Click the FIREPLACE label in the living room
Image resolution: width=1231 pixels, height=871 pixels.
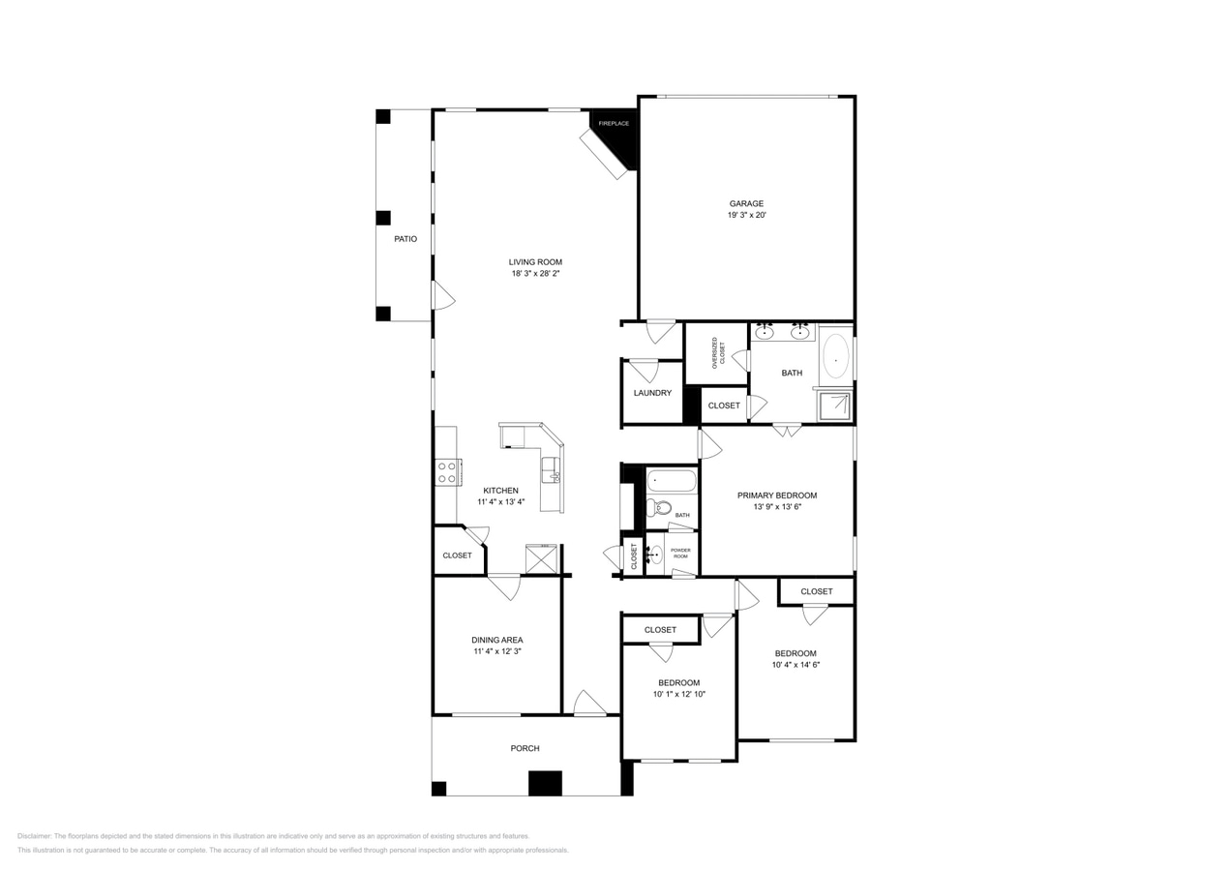[614, 124]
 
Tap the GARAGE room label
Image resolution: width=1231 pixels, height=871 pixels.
[746, 203]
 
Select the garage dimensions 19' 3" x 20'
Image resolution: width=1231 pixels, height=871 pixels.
[746, 216]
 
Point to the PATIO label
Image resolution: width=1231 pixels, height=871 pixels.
[405, 239]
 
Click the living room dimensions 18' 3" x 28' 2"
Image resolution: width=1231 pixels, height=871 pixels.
[535, 274]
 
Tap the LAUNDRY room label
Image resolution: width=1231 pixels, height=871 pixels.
[652, 393]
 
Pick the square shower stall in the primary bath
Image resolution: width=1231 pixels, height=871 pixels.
[834, 405]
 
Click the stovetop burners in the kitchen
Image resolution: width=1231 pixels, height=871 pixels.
[447, 472]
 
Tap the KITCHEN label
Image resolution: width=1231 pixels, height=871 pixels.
[501, 491]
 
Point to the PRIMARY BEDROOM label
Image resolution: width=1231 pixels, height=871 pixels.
[776, 496]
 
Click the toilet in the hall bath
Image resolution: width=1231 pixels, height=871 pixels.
[662, 507]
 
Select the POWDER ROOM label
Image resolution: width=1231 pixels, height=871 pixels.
[680, 554]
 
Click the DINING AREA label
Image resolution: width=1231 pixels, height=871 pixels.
[497, 640]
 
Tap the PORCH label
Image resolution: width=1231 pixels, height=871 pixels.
[525, 748]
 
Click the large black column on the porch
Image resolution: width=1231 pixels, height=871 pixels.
[545, 783]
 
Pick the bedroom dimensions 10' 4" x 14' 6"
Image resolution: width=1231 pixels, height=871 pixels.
[796, 665]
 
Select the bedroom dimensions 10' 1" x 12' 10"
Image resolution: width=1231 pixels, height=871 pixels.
[678, 694]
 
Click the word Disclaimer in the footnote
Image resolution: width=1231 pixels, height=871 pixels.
[34, 836]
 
